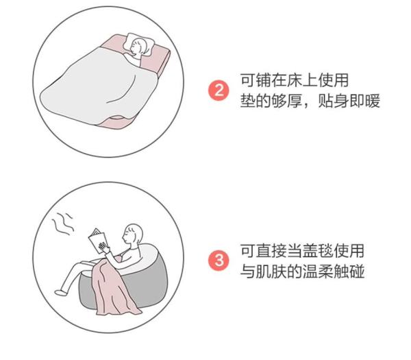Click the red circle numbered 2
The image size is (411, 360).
219,91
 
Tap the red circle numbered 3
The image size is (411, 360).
219,261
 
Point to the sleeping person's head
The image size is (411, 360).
138,46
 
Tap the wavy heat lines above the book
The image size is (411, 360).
63,224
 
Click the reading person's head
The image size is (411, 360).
133,234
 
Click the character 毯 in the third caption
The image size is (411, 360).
325,251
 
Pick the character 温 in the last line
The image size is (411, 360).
310,271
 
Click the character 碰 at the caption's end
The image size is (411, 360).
357,271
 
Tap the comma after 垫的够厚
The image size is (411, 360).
307,106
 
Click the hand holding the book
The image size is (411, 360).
103,247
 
